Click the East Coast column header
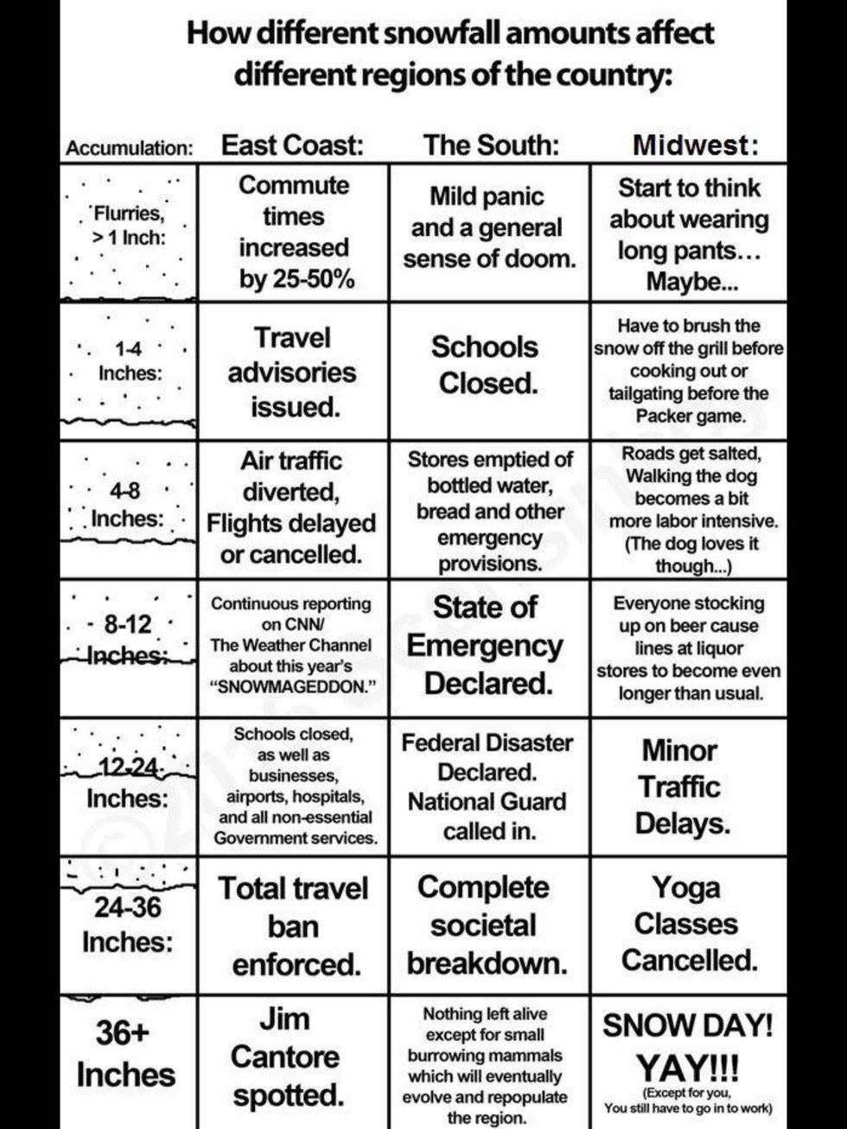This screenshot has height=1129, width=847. pyautogui.click(x=292, y=144)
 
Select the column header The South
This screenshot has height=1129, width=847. pyautogui.click(x=490, y=144)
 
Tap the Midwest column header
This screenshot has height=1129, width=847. pyautogui.click(x=695, y=144)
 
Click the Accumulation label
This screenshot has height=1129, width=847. pyautogui.click(x=129, y=148)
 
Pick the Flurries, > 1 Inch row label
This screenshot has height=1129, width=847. pyautogui.click(x=130, y=225)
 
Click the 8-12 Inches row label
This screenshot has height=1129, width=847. pyautogui.click(x=127, y=638)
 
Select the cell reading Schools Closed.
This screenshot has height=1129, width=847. pyautogui.click(x=486, y=365)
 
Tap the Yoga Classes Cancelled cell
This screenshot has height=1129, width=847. pyautogui.click(x=688, y=923)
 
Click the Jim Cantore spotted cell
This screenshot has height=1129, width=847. pyautogui.click(x=286, y=1056)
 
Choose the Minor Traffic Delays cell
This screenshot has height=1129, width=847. pyautogui.click(x=681, y=786)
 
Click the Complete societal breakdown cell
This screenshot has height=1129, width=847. pyautogui.click(x=486, y=925)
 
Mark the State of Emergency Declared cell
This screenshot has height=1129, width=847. pyautogui.click(x=486, y=645)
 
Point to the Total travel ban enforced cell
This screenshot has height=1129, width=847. pyautogui.click(x=293, y=926)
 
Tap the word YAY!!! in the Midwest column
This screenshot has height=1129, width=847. pyautogui.click(x=687, y=1066)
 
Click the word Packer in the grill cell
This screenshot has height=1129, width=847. pyautogui.click(x=665, y=416)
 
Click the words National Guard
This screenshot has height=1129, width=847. pyautogui.click(x=487, y=801)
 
